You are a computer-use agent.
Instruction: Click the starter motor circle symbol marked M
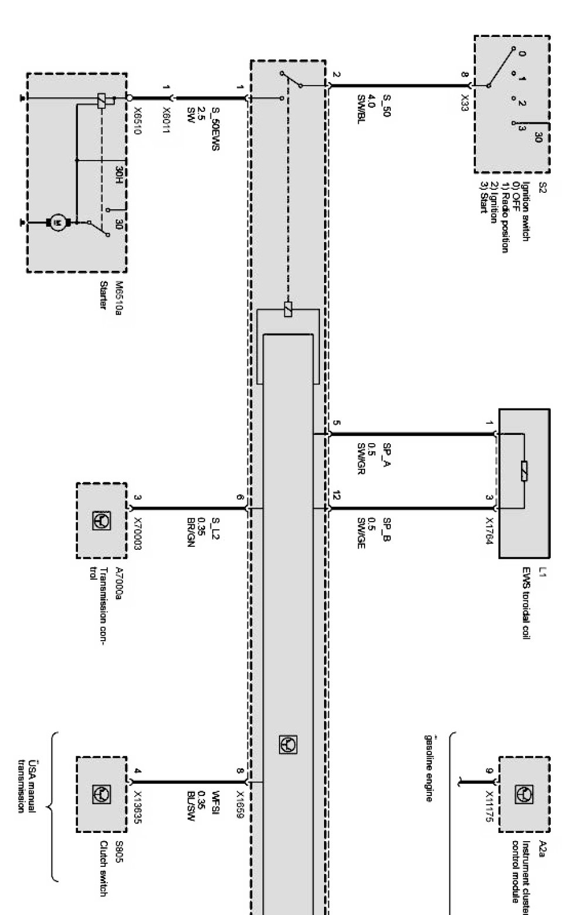57,222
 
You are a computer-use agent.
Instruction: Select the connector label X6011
166,122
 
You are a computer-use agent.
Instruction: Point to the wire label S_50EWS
216,128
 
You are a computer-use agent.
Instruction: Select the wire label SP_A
387,454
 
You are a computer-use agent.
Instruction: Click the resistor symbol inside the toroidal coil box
523,470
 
